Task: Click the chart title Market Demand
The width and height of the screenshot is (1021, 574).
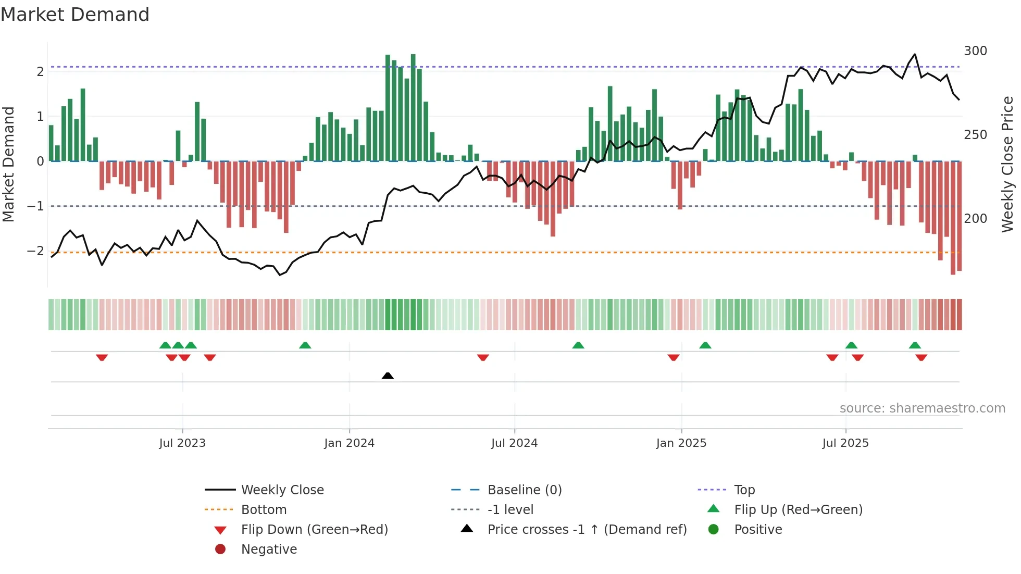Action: pos(75,14)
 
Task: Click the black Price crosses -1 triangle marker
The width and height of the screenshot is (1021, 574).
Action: pos(388,376)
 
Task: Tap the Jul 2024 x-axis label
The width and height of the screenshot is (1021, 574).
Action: pos(514,443)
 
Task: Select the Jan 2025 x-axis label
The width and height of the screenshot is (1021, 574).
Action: pos(681,443)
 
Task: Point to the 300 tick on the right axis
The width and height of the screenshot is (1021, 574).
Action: pos(975,51)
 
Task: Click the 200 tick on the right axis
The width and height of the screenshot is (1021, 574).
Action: pos(975,219)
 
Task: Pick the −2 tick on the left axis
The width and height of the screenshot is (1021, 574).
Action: pos(35,251)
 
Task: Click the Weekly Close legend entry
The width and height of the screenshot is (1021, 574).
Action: pos(282,490)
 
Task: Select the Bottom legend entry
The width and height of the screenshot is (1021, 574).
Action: pos(264,509)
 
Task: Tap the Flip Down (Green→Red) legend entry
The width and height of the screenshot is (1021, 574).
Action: pos(314,529)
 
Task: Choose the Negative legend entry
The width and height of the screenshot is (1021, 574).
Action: pos(269,549)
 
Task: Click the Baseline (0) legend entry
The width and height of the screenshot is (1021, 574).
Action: pos(524,490)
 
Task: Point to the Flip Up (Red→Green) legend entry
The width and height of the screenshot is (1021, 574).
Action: pos(798,509)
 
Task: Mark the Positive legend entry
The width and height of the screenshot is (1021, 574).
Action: pos(758,529)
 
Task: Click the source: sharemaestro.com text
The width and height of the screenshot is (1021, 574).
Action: pos(922,408)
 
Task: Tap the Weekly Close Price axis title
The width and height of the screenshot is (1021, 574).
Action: pos(1007,164)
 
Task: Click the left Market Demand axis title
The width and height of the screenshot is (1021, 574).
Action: pos(8,164)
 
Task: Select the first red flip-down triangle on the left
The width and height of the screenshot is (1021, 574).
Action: pos(102,357)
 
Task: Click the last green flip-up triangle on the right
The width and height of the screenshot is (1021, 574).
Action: pos(915,345)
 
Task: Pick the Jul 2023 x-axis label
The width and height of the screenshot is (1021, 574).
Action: pos(182,443)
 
